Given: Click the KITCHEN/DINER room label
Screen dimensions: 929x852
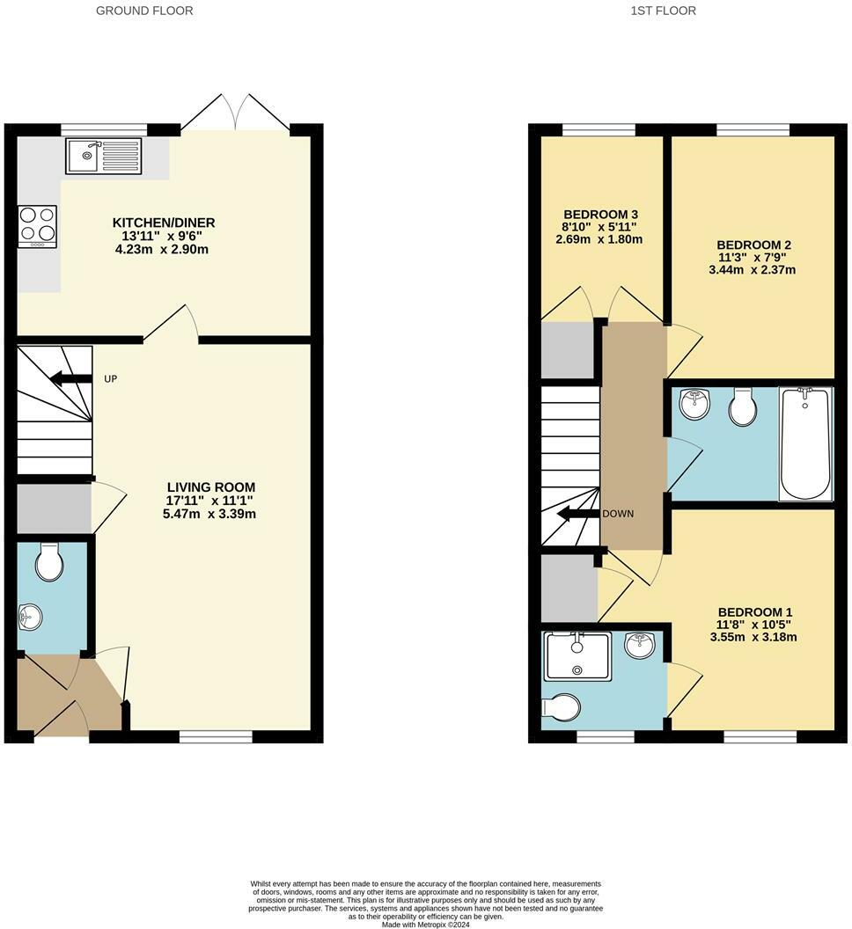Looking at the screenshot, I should click(x=163, y=223).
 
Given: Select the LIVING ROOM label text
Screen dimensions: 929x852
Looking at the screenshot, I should click(x=211, y=486).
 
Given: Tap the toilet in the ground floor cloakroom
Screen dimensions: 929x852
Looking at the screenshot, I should click(x=49, y=562).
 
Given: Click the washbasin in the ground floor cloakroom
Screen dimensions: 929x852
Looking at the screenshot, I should click(x=30, y=617).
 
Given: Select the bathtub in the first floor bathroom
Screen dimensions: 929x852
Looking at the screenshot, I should click(x=804, y=443).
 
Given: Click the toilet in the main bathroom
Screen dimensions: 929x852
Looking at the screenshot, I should click(x=744, y=407).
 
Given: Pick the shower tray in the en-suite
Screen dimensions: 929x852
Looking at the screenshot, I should click(x=577, y=656).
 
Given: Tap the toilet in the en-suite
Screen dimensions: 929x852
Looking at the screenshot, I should click(x=562, y=706).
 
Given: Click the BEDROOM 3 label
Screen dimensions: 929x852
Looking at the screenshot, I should click(x=600, y=215).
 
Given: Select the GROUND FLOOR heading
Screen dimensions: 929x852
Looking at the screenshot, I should click(x=144, y=11).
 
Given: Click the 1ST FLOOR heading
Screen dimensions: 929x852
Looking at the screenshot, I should click(x=664, y=11).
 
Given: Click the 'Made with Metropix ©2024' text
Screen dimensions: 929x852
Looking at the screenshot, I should click(x=425, y=924).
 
